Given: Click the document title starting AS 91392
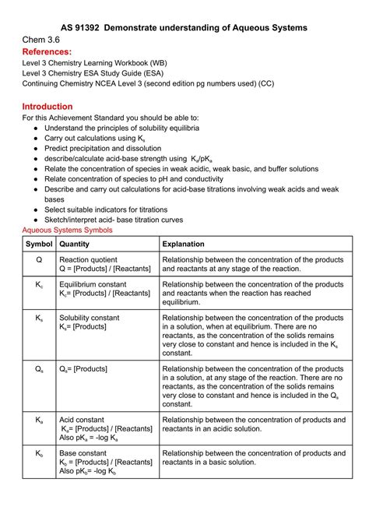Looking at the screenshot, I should pos(184,27).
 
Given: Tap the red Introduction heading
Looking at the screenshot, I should pos(47,106).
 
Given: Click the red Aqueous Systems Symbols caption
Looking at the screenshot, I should pos(67,230).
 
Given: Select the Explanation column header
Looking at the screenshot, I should pos(184,244).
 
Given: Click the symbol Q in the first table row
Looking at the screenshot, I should pos(39,260).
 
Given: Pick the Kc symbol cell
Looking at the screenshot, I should pos(39,285).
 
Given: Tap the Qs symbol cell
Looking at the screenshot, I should pos(39,368).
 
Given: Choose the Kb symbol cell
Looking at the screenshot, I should pos(39,453).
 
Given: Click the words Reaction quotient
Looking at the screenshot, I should pos(88,260).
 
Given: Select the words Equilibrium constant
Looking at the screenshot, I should pos(93,285).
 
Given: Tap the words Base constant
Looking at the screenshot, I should pos(83,453).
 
